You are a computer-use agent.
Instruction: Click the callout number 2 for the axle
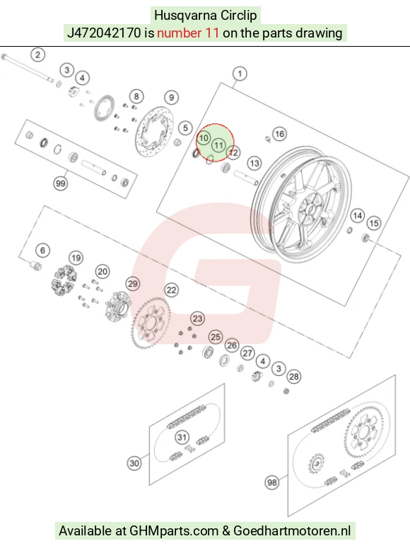pos(37,55)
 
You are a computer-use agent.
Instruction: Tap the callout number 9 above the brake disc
pos(171,98)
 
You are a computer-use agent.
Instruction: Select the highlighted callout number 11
pos(218,145)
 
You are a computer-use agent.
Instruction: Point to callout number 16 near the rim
pos(279,134)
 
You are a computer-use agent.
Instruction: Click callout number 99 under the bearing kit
pos(61,183)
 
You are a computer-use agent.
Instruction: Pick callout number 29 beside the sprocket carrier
pos(133,284)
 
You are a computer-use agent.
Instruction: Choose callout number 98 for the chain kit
pos(272,482)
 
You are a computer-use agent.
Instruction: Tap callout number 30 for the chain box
pos(134,463)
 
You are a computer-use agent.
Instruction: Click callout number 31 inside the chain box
pos(182,437)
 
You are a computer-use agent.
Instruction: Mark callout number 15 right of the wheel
pos(373,223)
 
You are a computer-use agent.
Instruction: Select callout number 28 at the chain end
pos(294,377)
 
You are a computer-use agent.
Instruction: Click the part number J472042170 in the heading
pos(104,33)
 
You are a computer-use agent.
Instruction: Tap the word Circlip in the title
pos(238,16)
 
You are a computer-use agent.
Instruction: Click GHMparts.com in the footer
pos(174,530)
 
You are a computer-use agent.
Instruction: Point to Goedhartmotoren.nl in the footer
pos(292,530)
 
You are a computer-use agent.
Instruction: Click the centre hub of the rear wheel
pos(310,208)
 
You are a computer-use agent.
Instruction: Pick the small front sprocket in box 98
pos(316,464)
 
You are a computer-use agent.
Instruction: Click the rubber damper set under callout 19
pos(63,280)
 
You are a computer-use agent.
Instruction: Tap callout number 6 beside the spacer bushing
pos(42,250)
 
